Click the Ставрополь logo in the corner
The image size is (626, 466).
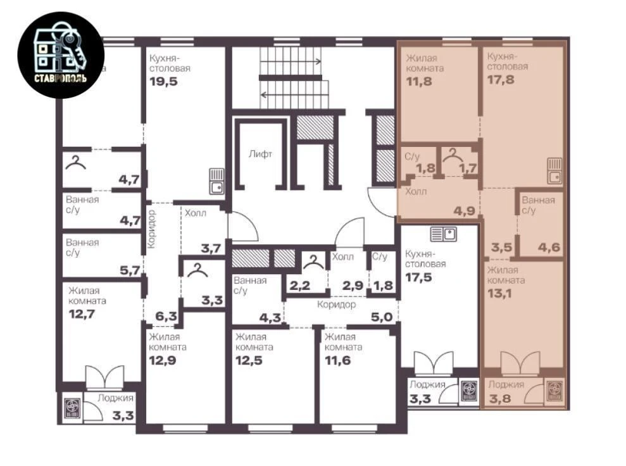tap(61, 55)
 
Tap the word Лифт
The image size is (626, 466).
tap(260, 154)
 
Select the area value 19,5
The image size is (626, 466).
tap(163, 82)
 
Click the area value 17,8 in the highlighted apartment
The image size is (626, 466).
tap(501, 80)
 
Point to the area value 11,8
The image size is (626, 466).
tap(419, 82)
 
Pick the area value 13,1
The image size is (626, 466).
tap(500, 294)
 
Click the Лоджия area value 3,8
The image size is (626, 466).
tap(500, 398)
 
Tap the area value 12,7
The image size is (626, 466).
tap(82, 314)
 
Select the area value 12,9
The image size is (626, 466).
tap(163, 361)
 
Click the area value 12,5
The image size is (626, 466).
tap(249, 361)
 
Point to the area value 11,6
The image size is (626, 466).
tap(338, 361)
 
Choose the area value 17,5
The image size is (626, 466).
tap(419, 277)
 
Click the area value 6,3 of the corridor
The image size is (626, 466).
tap(166, 317)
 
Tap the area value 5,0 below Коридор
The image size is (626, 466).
tap(382, 317)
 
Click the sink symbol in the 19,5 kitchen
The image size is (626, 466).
tap(216, 181)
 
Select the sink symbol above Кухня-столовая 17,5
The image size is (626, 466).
tap(444, 234)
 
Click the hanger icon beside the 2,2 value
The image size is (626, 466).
tap(314, 262)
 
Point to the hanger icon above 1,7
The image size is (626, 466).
tap(453, 154)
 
